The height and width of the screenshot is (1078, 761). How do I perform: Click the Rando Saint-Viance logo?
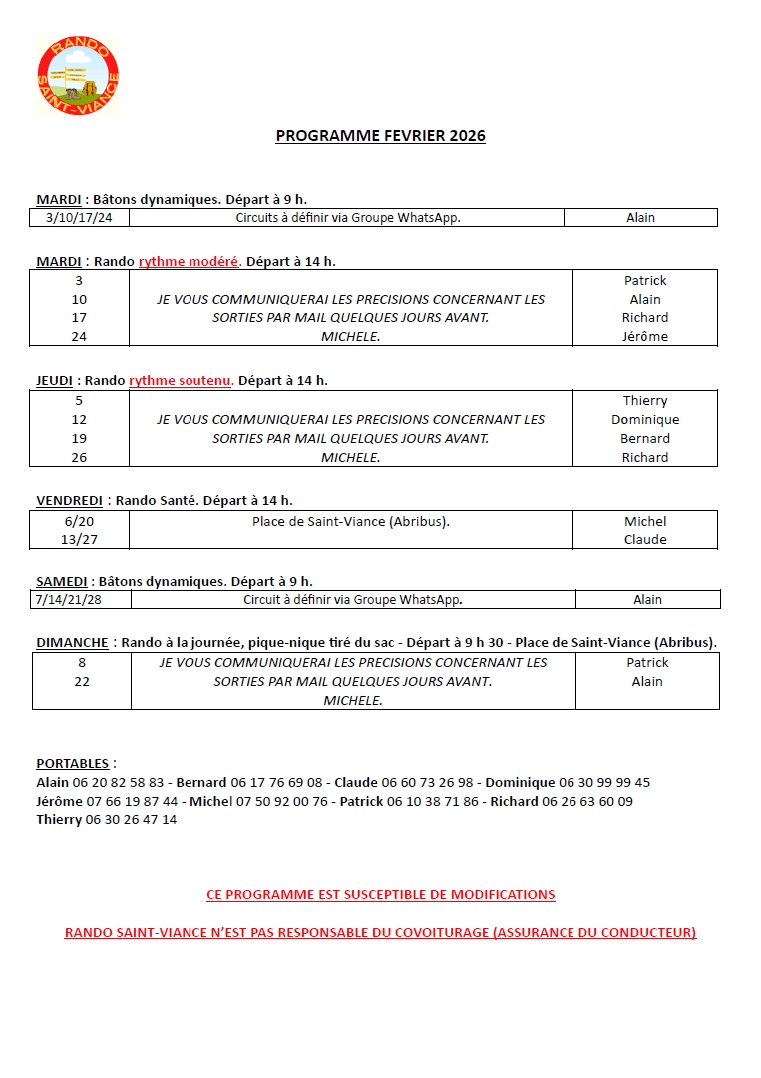tap(78, 76)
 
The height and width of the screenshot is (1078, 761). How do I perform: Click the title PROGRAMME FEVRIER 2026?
tap(380, 136)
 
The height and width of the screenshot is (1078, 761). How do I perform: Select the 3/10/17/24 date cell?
tap(80, 218)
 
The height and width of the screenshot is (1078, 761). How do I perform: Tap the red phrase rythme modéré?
tap(189, 262)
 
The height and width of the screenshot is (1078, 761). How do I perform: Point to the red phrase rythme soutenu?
tap(181, 380)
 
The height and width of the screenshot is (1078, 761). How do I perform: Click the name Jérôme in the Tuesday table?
tap(645, 337)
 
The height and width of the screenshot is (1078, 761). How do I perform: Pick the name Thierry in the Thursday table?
tap(645, 401)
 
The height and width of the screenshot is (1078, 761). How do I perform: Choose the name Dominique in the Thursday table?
tap(645, 420)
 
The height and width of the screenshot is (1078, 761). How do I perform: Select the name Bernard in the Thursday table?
tap(645, 439)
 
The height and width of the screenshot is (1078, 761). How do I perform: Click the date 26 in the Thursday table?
tap(80, 458)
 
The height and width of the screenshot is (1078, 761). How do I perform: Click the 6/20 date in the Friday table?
tap(80, 521)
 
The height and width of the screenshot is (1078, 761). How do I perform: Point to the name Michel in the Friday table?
tap(645, 521)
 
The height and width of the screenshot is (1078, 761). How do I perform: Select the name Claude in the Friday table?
tap(645, 540)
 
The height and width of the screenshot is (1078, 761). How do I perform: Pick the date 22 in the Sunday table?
tap(81, 682)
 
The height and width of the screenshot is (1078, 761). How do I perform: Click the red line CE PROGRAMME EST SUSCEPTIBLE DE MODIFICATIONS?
tap(380, 895)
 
